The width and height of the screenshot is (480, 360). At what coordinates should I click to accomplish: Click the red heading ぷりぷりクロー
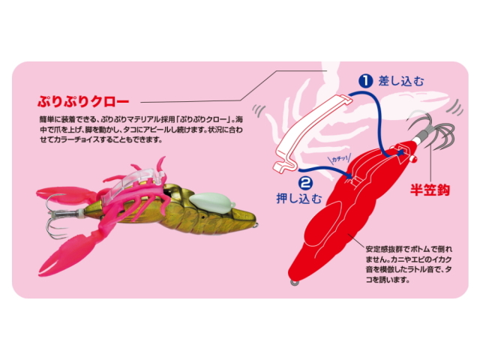pyautogui.click(x=83, y=101)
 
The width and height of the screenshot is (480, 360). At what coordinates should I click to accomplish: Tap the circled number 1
pyautogui.click(x=366, y=81)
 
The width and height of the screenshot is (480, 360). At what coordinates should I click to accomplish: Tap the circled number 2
pyautogui.click(x=305, y=183)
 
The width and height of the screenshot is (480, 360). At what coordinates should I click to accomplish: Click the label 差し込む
pyautogui.click(x=401, y=81)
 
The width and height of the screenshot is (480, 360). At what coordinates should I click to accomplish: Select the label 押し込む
pyautogui.click(x=299, y=199)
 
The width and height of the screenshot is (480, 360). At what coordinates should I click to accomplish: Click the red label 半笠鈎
pyautogui.click(x=430, y=190)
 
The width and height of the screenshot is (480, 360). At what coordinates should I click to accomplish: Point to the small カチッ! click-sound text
pyautogui.click(x=340, y=159)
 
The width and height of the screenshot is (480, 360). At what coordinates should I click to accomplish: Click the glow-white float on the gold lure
pyautogui.click(x=211, y=202)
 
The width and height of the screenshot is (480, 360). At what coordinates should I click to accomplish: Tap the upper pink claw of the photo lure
pyautogui.click(x=65, y=195)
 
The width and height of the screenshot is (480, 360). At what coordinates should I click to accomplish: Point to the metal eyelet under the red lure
pyautogui.click(x=294, y=283)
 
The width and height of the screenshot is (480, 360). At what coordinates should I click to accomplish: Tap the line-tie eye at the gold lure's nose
pyautogui.click(x=255, y=226)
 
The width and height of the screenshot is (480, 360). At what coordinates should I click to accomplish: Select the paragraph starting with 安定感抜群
pyautogui.click(x=409, y=264)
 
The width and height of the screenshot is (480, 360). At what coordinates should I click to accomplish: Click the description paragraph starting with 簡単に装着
pyautogui.click(x=141, y=129)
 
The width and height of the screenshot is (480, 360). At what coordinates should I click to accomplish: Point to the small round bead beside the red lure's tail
pyautogui.click(x=414, y=158)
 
